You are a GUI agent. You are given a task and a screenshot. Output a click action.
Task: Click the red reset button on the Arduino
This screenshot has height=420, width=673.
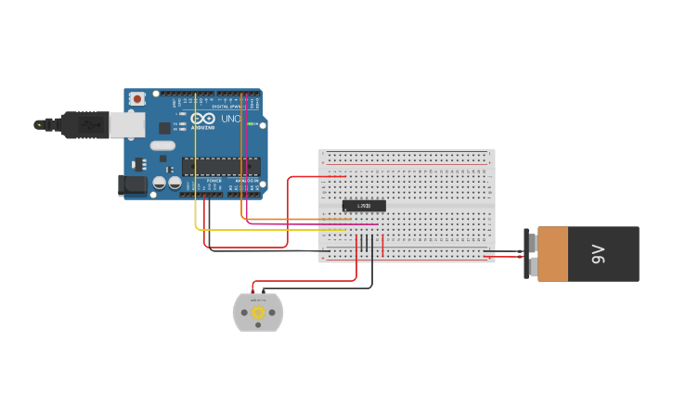point(136,98)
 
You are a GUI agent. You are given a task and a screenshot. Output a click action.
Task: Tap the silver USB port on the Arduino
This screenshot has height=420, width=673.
point(127,124)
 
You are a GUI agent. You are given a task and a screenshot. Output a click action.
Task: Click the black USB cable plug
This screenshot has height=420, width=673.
point(85,124)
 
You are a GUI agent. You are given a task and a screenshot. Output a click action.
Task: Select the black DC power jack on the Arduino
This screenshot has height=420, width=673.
point(134,185)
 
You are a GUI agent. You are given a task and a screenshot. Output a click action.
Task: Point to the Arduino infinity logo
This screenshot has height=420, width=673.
point(202,119)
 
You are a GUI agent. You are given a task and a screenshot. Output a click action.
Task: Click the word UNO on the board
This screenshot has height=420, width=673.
point(230,119)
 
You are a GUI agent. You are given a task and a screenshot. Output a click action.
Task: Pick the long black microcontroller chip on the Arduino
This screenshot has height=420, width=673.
point(220,166)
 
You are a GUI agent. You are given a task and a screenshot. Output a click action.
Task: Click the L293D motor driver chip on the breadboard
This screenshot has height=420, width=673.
point(364,205)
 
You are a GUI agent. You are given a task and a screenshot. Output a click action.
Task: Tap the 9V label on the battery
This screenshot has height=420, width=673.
point(599,254)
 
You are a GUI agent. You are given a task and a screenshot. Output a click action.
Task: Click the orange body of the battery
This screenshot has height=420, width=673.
point(553,254)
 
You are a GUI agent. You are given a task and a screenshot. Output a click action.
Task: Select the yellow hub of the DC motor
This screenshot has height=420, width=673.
point(258,313)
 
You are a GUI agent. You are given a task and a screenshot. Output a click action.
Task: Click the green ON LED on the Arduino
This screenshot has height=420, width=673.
point(252,123)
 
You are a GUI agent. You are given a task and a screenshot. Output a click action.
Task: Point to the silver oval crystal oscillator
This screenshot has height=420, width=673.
point(162,146)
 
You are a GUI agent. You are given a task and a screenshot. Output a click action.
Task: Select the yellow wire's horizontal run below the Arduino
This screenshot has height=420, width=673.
point(269,229)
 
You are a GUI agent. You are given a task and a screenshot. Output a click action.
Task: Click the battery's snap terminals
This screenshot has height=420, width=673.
point(532,254)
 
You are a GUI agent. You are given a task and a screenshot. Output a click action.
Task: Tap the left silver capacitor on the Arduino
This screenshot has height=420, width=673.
point(160,184)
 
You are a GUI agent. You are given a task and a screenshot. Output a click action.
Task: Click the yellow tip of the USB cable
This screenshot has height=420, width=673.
point(38,124)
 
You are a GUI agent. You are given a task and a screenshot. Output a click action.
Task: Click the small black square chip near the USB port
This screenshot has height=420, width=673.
point(164,128)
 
